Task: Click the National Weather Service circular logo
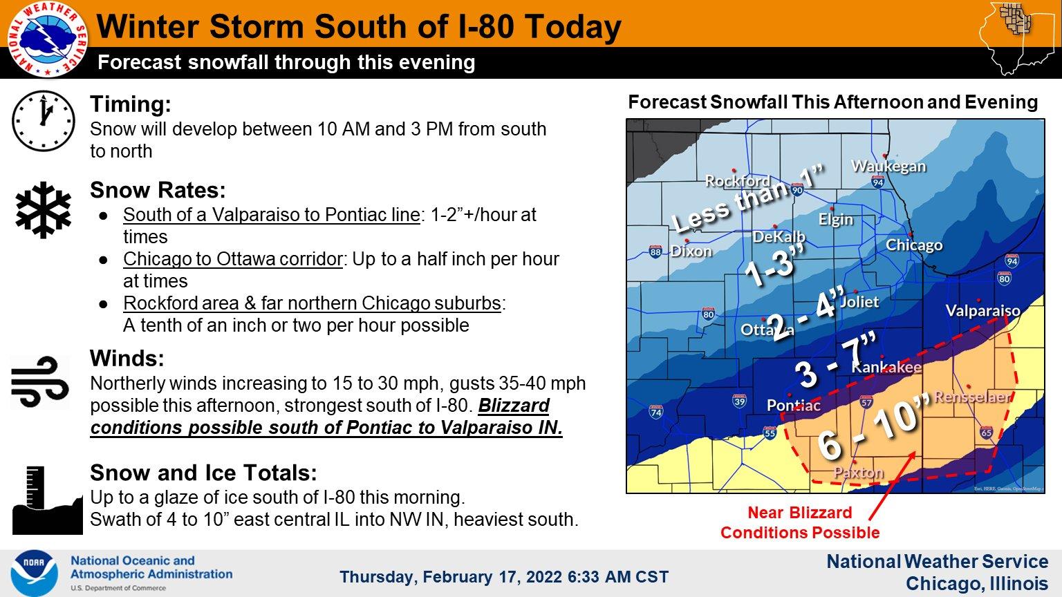(x=48, y=39)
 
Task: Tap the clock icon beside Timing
(x=43, y=121)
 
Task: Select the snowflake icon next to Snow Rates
(x=43, y=210)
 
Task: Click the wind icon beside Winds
(x=40, y=382)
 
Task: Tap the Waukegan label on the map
(x=888, y=167)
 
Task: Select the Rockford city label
(x=738, y=180)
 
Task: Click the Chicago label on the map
(x=914, y=245)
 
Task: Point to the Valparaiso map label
(x=982, y=310)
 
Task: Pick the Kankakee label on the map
(x=886, y=367)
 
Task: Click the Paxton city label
(x=859, y=473)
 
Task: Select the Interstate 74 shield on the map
(x=656, y=412)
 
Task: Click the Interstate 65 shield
(x=987, y=432)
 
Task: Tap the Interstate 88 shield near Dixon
(x=655, y=252)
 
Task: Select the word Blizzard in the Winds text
(x=514, y=406)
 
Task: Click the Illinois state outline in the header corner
(x=1019, y=38)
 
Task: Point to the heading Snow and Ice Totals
(x=203, y=473)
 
